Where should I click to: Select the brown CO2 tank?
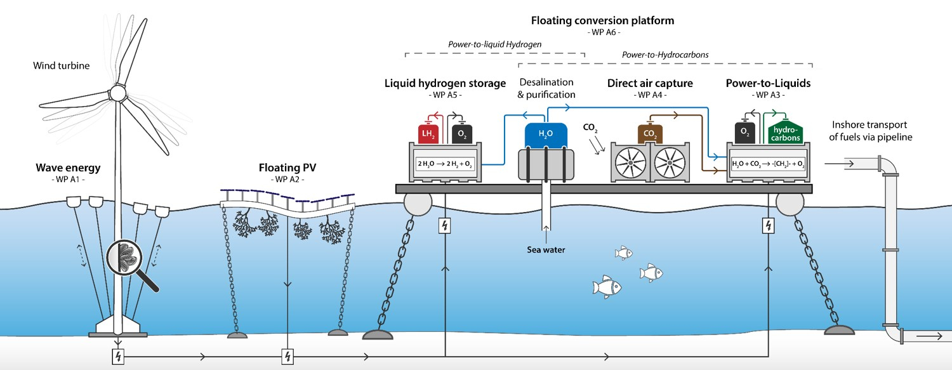point(650,134)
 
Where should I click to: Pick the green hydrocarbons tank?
point(785,133)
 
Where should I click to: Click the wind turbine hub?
point(117,92)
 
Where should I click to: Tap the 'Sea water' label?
point(546,249)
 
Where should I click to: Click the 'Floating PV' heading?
point(288,169)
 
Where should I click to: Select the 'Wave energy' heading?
point(68,169)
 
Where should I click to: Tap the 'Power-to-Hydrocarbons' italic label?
point(664,55)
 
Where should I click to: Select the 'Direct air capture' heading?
point(649,83)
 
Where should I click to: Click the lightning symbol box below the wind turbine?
point(117,357)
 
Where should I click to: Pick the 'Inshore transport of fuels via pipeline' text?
point(870,131)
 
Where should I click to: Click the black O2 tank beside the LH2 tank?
point(461,133)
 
